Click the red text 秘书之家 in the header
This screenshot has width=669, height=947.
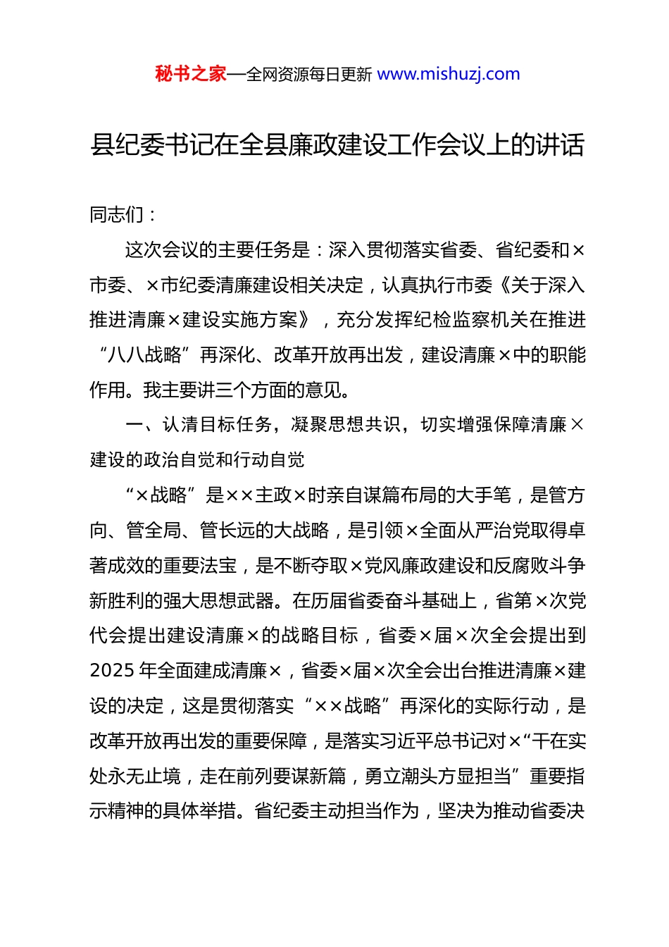(191, 74)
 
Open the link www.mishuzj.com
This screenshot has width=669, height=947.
(449, 74)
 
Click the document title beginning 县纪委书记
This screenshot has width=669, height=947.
(337, 145)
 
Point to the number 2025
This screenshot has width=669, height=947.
(112, 671)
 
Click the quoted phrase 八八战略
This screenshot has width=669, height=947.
(145, 354)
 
